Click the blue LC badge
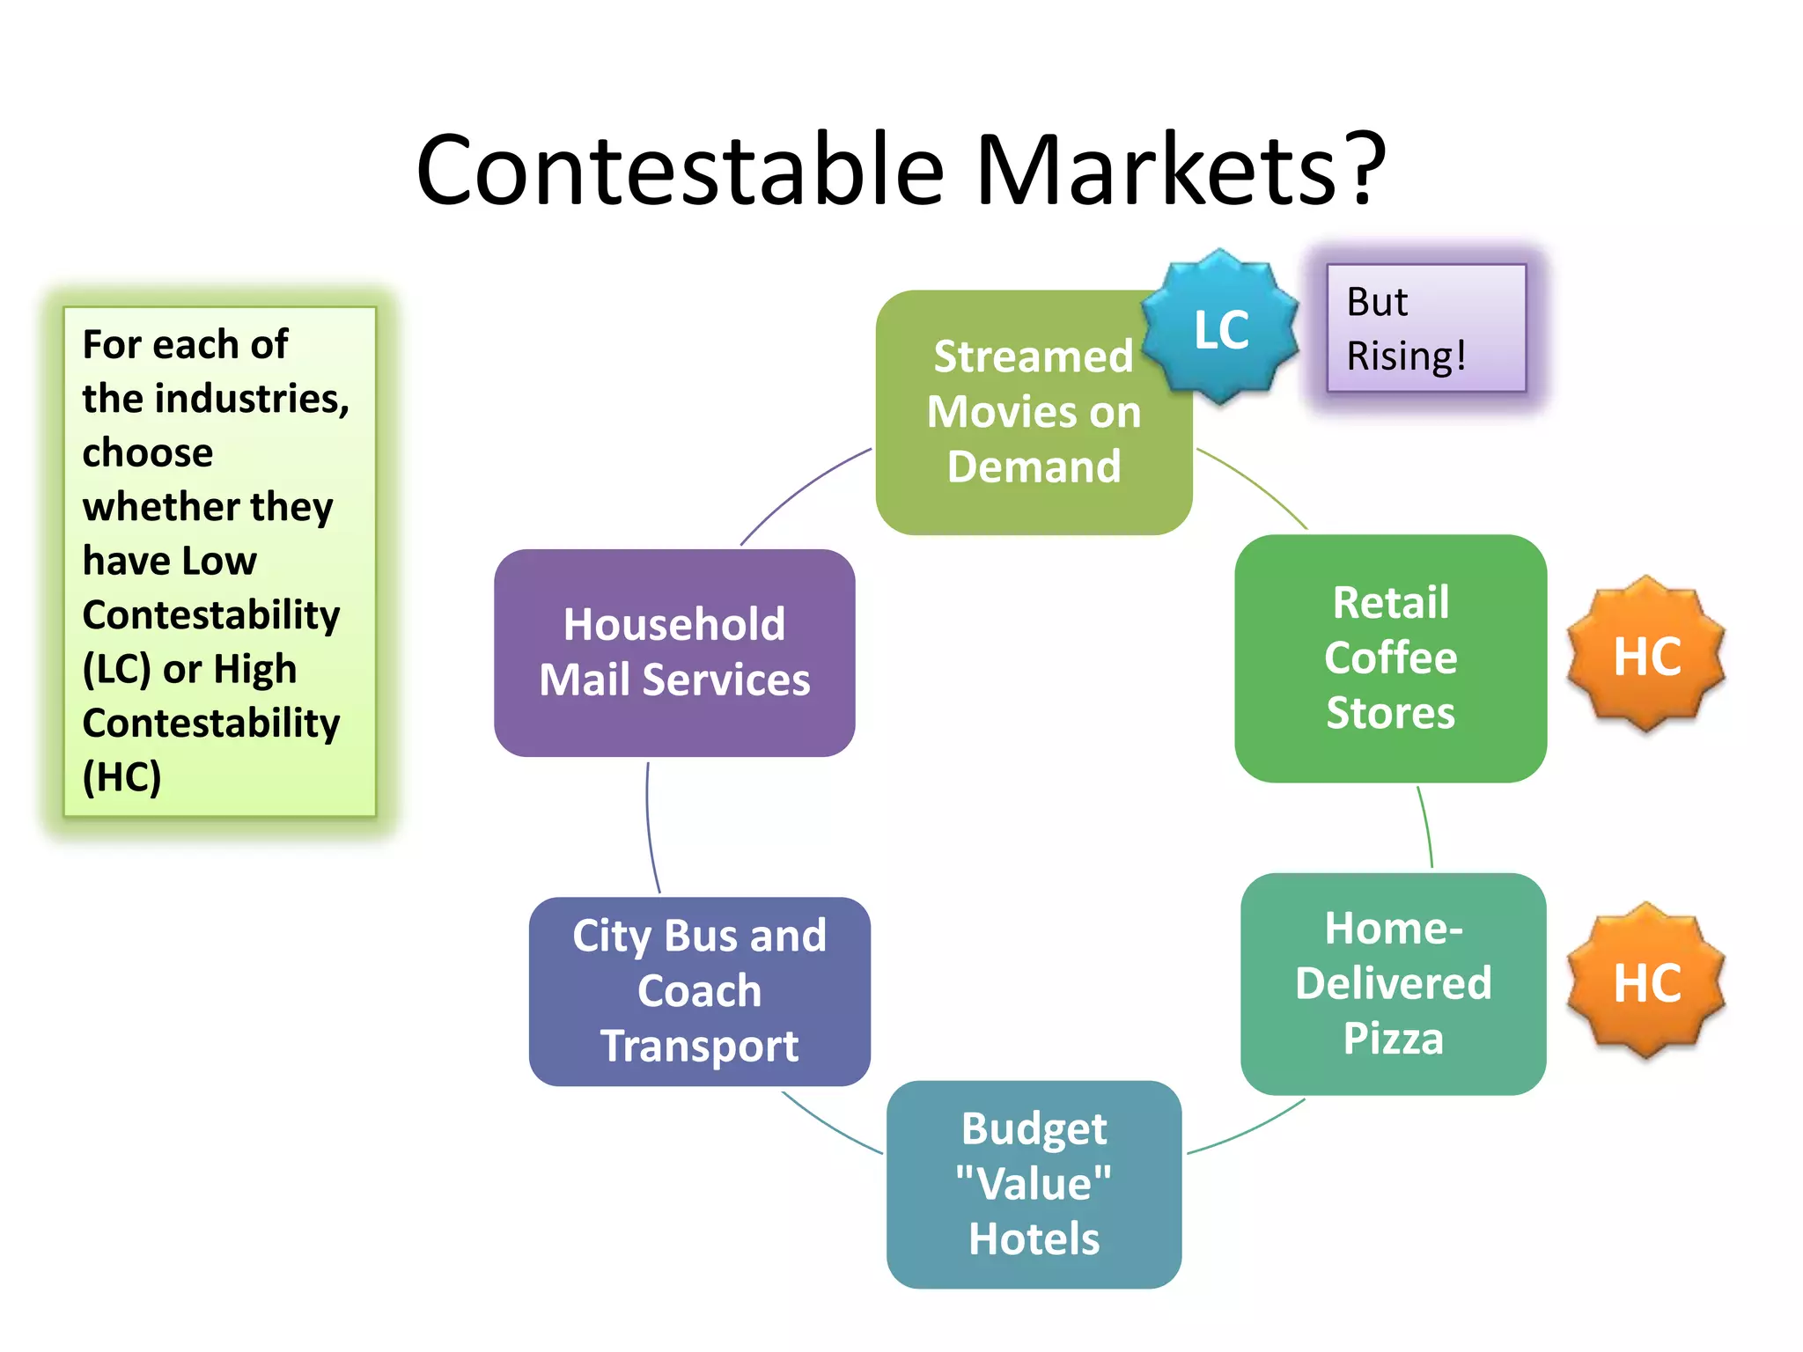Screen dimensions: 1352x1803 1220,328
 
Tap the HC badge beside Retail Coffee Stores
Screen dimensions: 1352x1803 1646,655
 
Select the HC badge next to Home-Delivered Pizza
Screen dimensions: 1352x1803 1646,981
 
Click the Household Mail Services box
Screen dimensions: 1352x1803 674,652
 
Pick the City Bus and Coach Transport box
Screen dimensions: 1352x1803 700,991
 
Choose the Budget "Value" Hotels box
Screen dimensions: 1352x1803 1034,1184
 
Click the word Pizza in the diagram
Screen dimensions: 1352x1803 1393,1038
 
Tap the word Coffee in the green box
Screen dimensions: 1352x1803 1391,658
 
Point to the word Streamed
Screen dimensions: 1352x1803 1033,356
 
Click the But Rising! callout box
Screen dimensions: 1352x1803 1426,328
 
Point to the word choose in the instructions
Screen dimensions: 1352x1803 148,452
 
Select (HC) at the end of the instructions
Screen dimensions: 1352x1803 121,777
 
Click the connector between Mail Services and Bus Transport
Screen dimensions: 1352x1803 650,827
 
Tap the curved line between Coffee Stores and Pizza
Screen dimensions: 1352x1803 1427,827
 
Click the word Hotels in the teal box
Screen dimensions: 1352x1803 1034,1238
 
